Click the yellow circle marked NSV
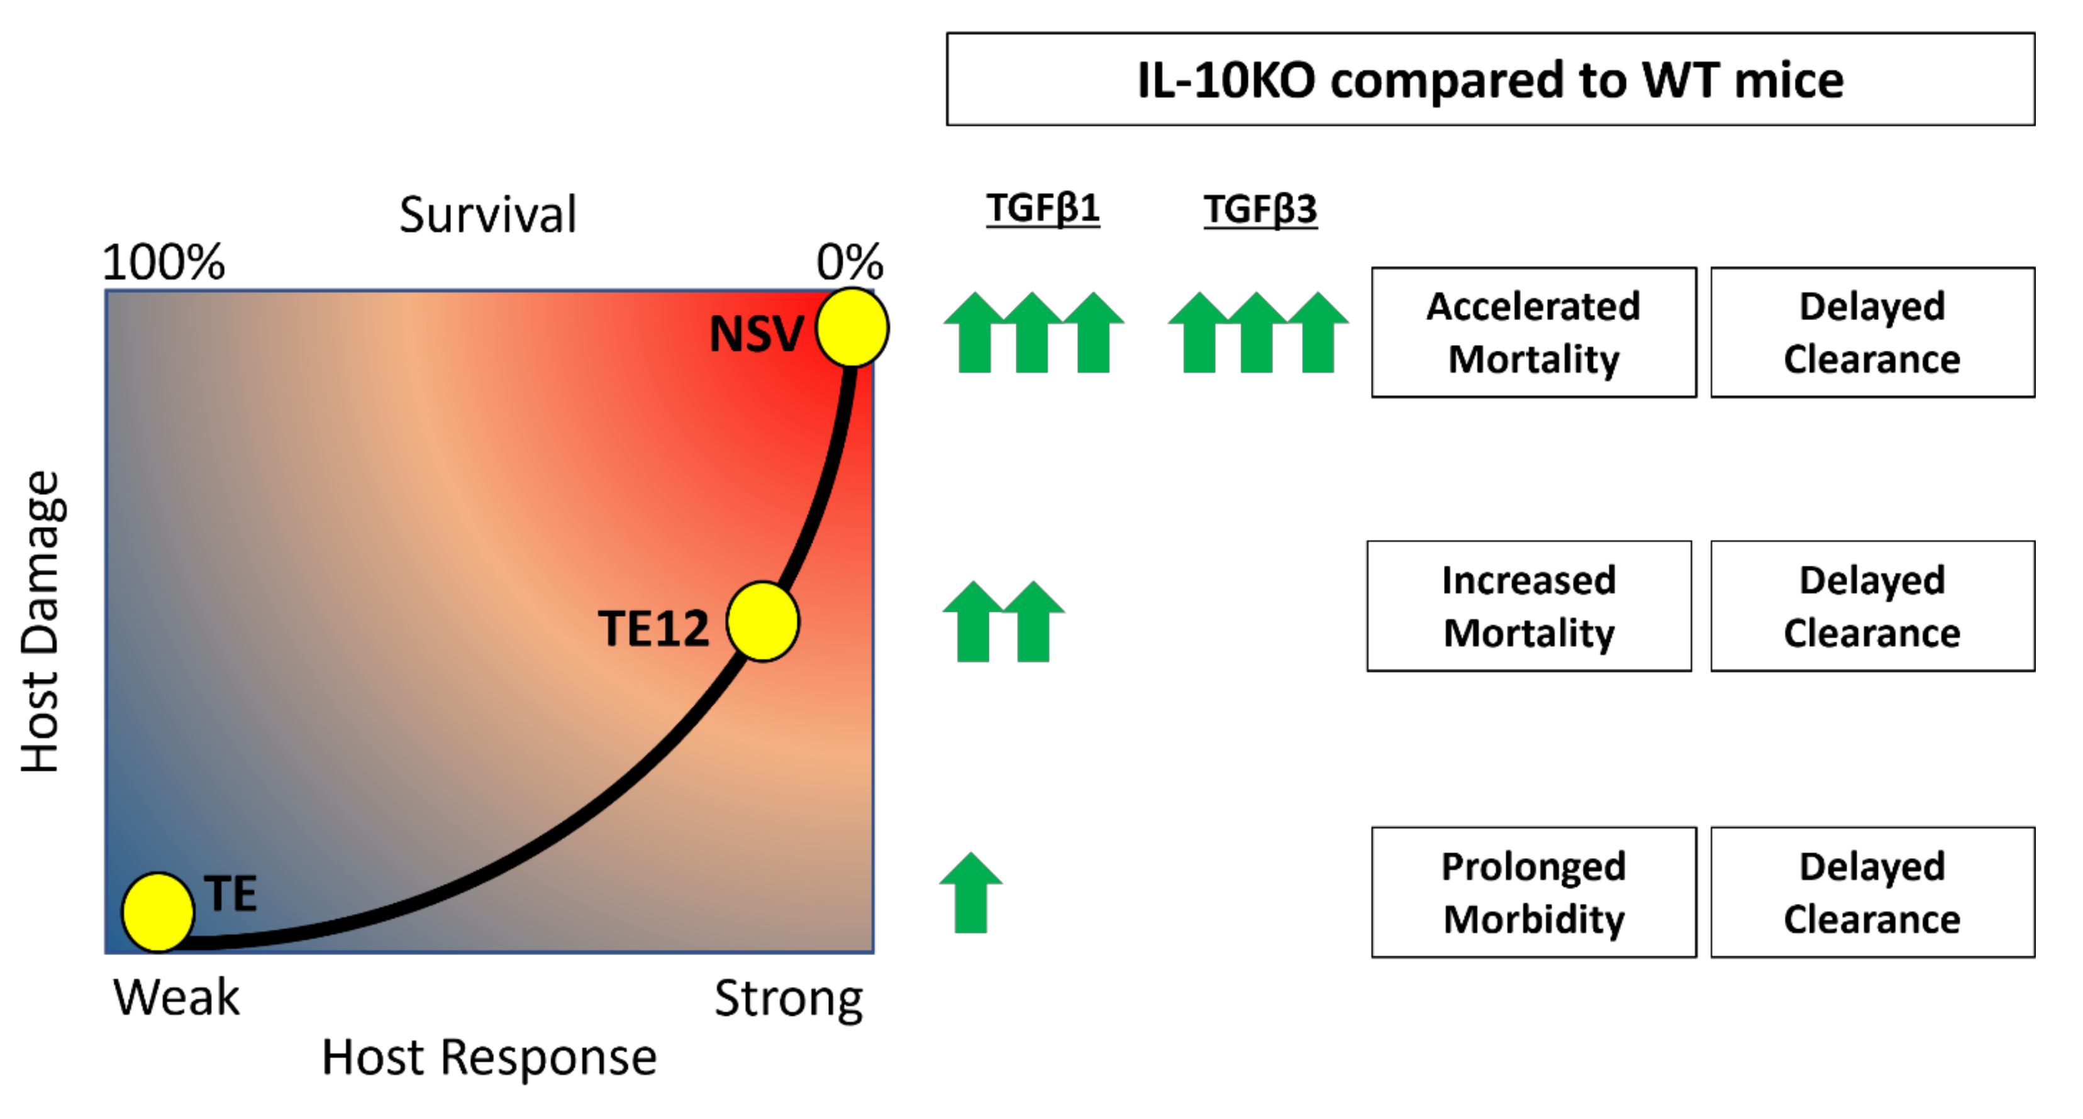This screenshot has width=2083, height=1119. pos(852,328)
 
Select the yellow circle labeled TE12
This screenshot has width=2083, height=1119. pos(762,622)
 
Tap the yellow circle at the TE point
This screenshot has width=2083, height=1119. pos(158,911)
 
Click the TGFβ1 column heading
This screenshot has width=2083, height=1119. pos(1042,209)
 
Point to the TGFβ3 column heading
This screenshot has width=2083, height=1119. pos(1260,209)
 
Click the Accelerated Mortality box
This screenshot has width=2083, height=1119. pos(1533,333)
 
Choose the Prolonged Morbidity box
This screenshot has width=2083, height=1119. pos(1533,893)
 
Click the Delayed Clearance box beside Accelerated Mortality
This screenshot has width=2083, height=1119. pos(1872,333)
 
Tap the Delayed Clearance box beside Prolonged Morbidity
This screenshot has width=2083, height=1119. pos(1872,893)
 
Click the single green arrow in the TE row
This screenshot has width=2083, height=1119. pos(970,893)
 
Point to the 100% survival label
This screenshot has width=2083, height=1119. pos(164,262)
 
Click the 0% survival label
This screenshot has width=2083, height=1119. pos(849,262)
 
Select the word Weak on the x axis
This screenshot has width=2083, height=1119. pos(176,997)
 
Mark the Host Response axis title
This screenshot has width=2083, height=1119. pos(489,1057)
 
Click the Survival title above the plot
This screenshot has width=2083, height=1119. pos(487,215)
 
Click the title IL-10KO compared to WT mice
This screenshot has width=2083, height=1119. pos(1491,79)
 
